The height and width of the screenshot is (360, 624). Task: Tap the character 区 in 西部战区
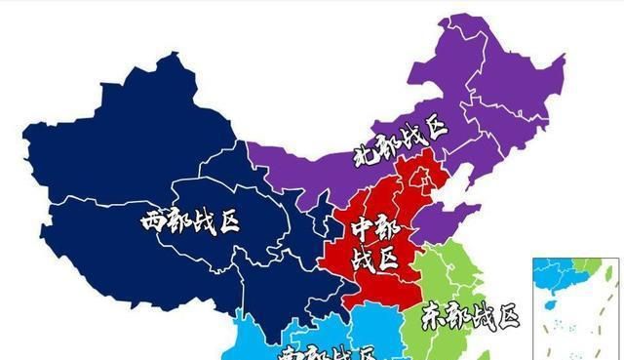(x=227, y=220)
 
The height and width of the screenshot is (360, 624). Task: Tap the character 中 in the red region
(x=363, y=230)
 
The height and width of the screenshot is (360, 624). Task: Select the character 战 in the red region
(x=363, y=259)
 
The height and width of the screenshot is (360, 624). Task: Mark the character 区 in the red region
(x=388, y=260)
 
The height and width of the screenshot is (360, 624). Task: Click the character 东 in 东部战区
(x=435, y=317)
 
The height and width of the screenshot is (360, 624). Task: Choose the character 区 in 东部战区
(x=506, y=315)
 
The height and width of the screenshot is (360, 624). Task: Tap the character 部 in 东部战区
(x=458, y=317)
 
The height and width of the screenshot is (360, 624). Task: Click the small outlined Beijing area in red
(x=421, y=177)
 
